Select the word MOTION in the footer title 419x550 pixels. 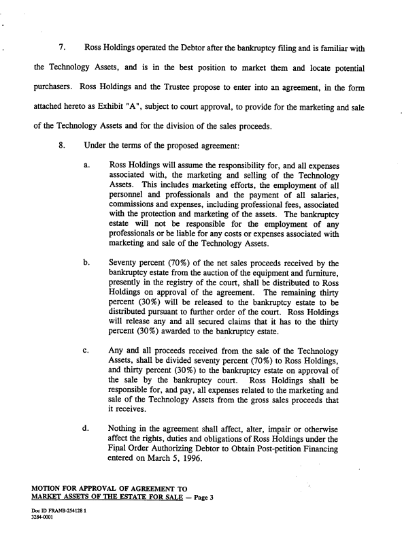click(50, 487)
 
